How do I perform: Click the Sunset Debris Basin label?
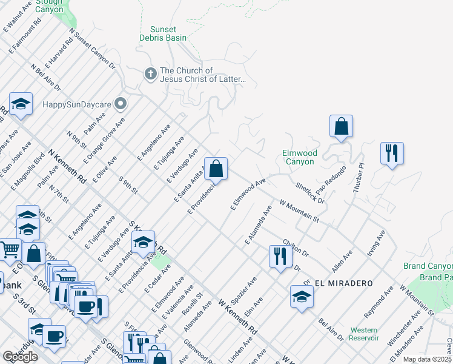tap(163, 34)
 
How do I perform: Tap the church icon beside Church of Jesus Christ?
tap(150, 74)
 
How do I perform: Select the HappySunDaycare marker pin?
tap(121, 104)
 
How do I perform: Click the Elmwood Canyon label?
tap(299, 158)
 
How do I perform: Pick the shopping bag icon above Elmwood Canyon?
tap(342, 126)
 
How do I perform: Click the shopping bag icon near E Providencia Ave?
tap(216, 169)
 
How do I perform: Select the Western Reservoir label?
tap(364, 334)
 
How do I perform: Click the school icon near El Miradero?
tap(302, 297)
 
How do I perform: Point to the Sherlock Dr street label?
tap(309, 192)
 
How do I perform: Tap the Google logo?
tap(20, 357)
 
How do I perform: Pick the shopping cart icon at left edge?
tap(8, 249)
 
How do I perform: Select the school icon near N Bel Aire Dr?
tap(21, 104)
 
